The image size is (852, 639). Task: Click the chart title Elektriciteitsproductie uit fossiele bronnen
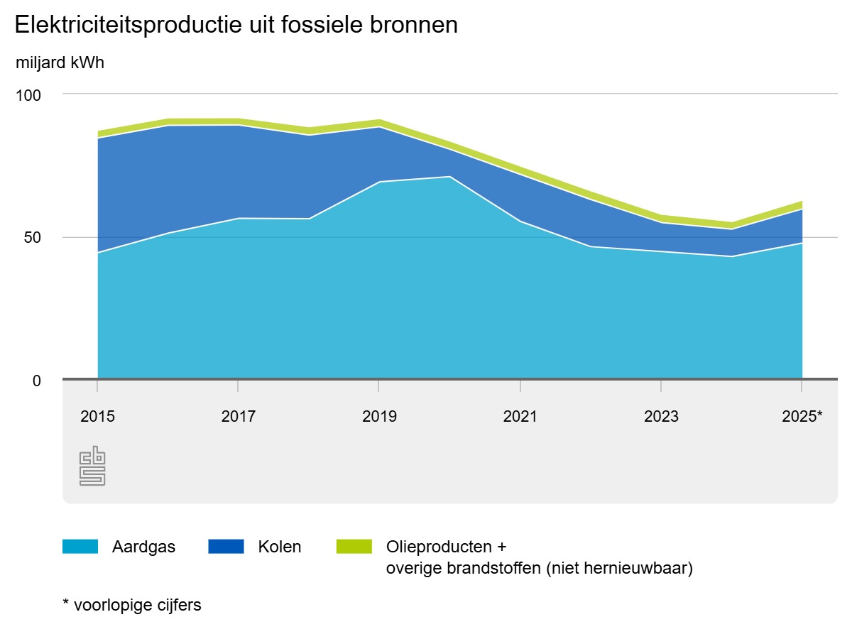tap(236, 26)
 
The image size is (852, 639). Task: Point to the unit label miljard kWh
tap(60, 62)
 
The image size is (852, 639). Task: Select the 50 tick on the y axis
tap(33, 237)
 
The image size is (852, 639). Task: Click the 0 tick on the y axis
tap(37, 381)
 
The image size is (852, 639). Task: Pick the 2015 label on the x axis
tap(97, 417)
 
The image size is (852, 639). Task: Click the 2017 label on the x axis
tap(238, 417)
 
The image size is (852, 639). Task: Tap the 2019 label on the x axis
tap(378, 417)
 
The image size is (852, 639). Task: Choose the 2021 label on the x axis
tap(520, 417)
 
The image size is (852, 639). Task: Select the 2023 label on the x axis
tap(661, 417)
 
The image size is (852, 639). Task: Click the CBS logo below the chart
tap(92, 466)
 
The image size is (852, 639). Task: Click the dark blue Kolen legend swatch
tap(226, 547)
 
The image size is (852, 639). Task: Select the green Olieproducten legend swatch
tap(354, 547)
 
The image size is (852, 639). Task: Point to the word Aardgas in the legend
tap(143, 547)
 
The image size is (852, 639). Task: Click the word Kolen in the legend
tap(279, 547)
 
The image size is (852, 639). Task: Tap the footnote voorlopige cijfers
tap(137, 606)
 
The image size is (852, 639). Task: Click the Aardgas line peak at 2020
tap(449, 177)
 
